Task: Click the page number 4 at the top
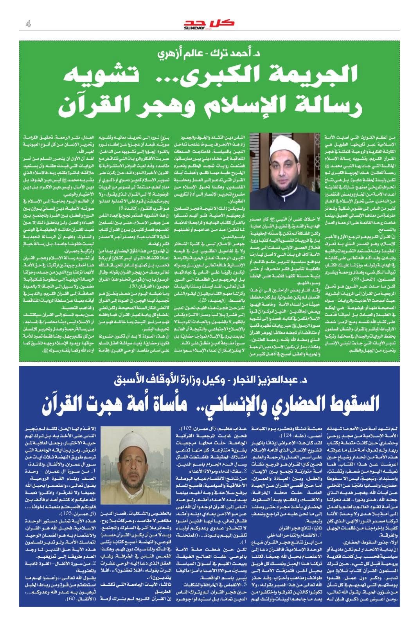click(28, 24)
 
